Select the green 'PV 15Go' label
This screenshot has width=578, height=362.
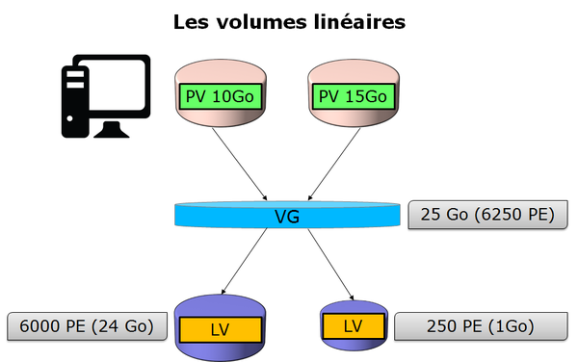click(x=351, y=96)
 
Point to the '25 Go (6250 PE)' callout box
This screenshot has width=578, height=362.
click(x=482, y=214)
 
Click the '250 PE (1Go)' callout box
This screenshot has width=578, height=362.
click(x=479, y=326)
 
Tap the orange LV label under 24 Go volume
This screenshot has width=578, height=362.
click(x=221, y=329)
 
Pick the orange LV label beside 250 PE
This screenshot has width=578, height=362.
click(x=352, y=325)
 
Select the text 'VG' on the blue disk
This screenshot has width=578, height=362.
click(x=287, y=218)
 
